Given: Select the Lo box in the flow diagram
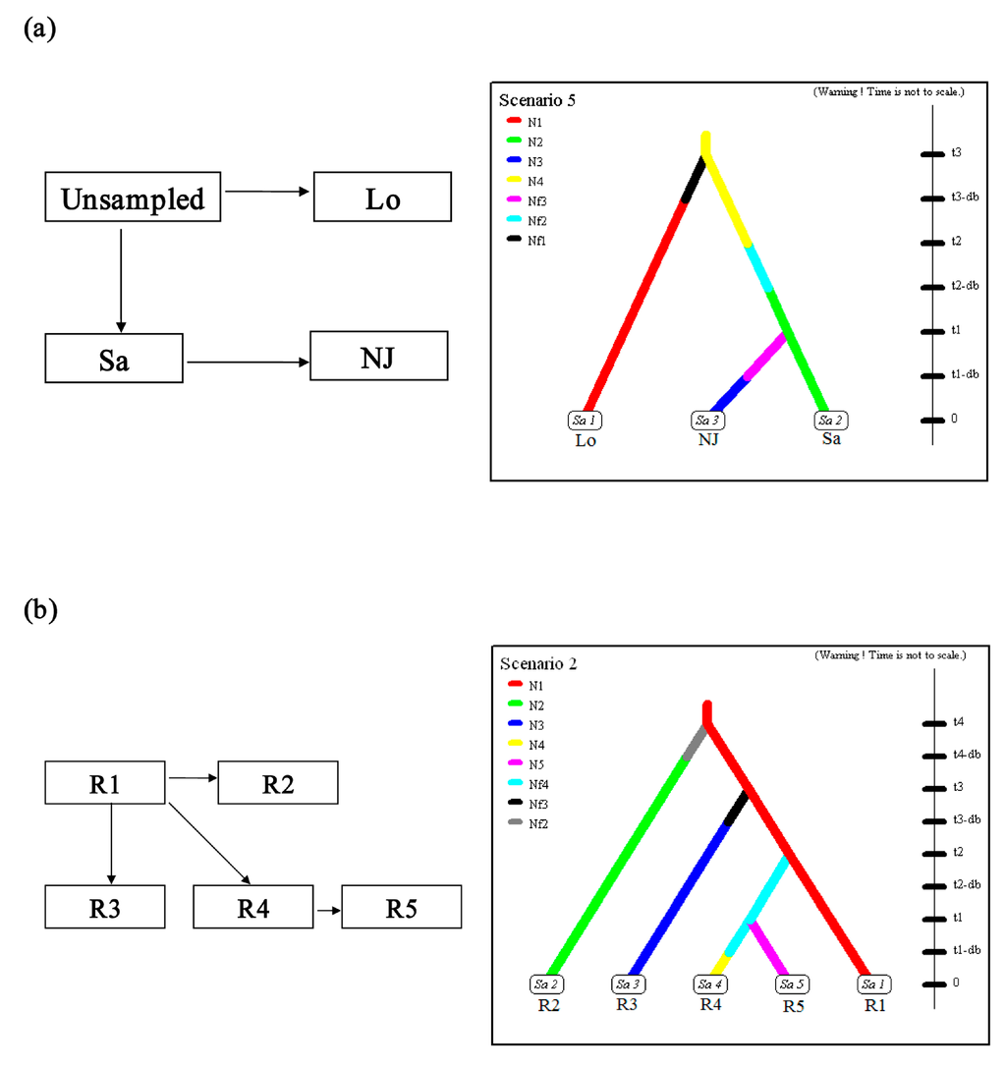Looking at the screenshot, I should point(382,197).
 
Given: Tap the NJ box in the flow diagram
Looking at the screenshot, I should point(379,356).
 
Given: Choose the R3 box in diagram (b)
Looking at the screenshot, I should point(106,907).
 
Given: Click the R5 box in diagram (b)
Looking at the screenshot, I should point(401,907).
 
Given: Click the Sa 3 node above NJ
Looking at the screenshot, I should point(708,421).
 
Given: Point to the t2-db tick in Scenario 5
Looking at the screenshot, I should point(931,287).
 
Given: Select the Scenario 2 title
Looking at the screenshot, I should point(538,664).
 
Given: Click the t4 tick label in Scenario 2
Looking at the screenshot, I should point(959,722).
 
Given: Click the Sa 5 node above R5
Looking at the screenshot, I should point(785,984).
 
